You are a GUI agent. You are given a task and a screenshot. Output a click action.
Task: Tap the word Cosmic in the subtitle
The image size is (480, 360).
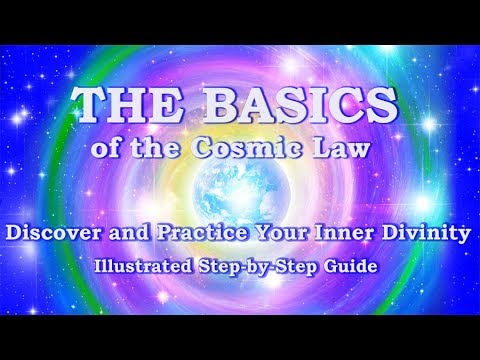(x=262, y=150)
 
